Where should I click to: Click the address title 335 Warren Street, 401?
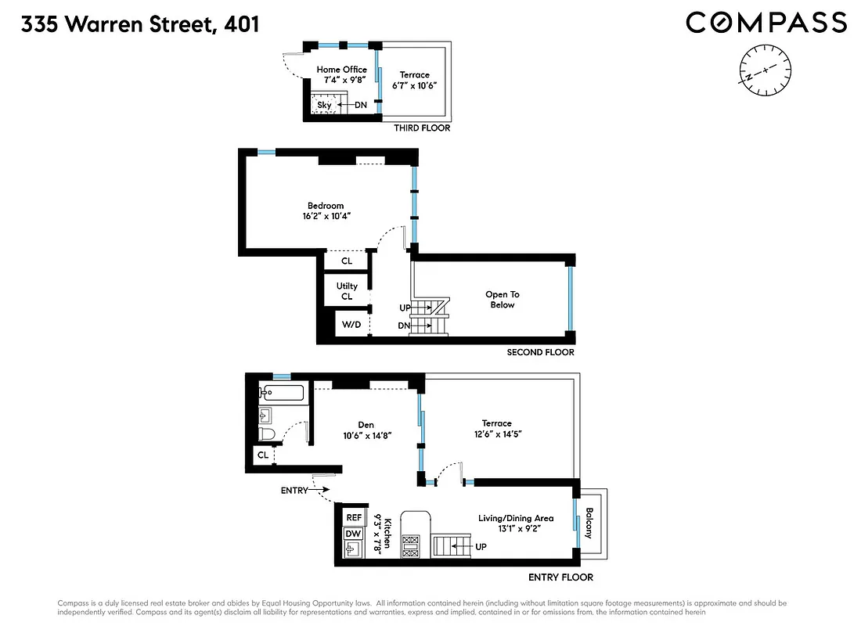(x=140, y=24)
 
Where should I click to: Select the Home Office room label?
(x=341, y=70)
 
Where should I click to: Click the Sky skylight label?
(x=324, y=105)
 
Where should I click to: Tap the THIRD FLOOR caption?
(x=422, y=128)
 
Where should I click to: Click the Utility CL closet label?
(x=347, y=291)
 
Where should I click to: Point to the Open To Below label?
(x=503, y=300)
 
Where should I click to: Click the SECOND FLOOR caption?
(x=540, y=352)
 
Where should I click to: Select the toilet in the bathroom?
(x=267, y=434)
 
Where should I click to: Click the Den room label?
(x=365, y=425)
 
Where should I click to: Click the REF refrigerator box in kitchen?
(x=355, y=517)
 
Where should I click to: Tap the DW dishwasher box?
(x=355, y=534)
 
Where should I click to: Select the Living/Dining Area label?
(x=516, y=518)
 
